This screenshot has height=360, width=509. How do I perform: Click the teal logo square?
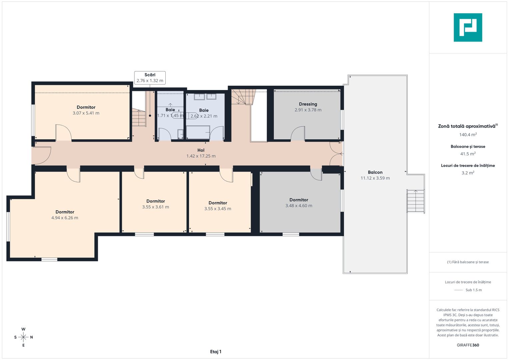click(x=468, y=27)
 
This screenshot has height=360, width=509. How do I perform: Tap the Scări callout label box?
click(x=150, y=78)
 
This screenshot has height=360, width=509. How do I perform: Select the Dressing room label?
click(x=308, y=104)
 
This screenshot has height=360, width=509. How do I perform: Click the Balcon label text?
click(x=375, y=172)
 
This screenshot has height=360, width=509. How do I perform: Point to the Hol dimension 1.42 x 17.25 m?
click(x=201, y=156)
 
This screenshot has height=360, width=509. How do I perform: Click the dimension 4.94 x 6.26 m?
click(x=65, y=218)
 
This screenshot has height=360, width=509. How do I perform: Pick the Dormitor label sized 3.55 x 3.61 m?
click(x=156, y=201)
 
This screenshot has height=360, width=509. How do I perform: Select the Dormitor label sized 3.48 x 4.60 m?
click(x=299, y=200)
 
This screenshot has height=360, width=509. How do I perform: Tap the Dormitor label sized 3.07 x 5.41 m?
click(x=86, y=107)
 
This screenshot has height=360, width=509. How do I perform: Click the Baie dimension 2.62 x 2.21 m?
click(x=204, y=116)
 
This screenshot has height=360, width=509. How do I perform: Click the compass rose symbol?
click(x=23, y=337)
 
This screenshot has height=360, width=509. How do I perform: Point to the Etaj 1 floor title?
click(x=216, y=352)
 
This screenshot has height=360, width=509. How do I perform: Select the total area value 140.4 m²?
click(x=468, y=135)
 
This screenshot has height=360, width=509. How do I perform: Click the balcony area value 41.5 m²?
click(x=468, y=154)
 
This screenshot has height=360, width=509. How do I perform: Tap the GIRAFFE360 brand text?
click(x=468, y=345)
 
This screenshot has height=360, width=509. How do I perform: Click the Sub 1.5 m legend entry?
click(x=468, y=290)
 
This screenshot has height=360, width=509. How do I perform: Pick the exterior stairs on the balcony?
click(x=415, y=201)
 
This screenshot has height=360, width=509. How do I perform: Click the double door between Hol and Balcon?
click(x=336, y=154)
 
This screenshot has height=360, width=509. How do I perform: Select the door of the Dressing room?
click(x=298, y=134)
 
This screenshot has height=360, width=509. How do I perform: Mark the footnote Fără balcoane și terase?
click(x=468, y=262)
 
